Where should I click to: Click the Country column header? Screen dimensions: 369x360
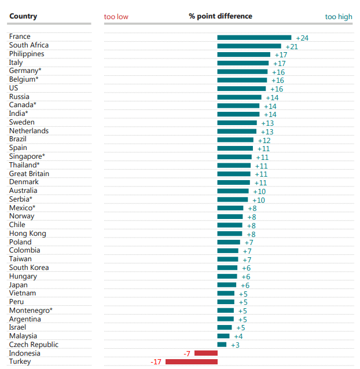23,16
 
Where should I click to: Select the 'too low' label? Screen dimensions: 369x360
116,17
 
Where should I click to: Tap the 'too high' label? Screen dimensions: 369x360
339,17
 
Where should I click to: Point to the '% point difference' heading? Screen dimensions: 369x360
221,16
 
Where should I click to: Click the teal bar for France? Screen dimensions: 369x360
254,38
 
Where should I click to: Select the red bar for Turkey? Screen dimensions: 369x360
192,362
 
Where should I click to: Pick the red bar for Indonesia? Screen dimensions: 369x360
206,353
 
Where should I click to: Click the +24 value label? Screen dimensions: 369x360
302,38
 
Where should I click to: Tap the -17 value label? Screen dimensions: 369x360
156,362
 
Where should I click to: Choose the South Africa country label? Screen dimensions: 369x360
29,45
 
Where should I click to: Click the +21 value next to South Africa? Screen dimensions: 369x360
292,46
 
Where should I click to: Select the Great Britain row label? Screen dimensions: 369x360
29,174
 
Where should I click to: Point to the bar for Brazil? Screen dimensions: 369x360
236,140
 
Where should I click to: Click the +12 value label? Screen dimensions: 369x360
264,141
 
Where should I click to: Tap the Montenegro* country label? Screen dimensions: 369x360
31,310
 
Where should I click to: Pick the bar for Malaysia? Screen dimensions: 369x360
223,336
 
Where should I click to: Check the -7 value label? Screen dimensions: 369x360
187,353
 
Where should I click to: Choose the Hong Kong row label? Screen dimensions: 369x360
27,233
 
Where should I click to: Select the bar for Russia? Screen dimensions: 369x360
240,97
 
